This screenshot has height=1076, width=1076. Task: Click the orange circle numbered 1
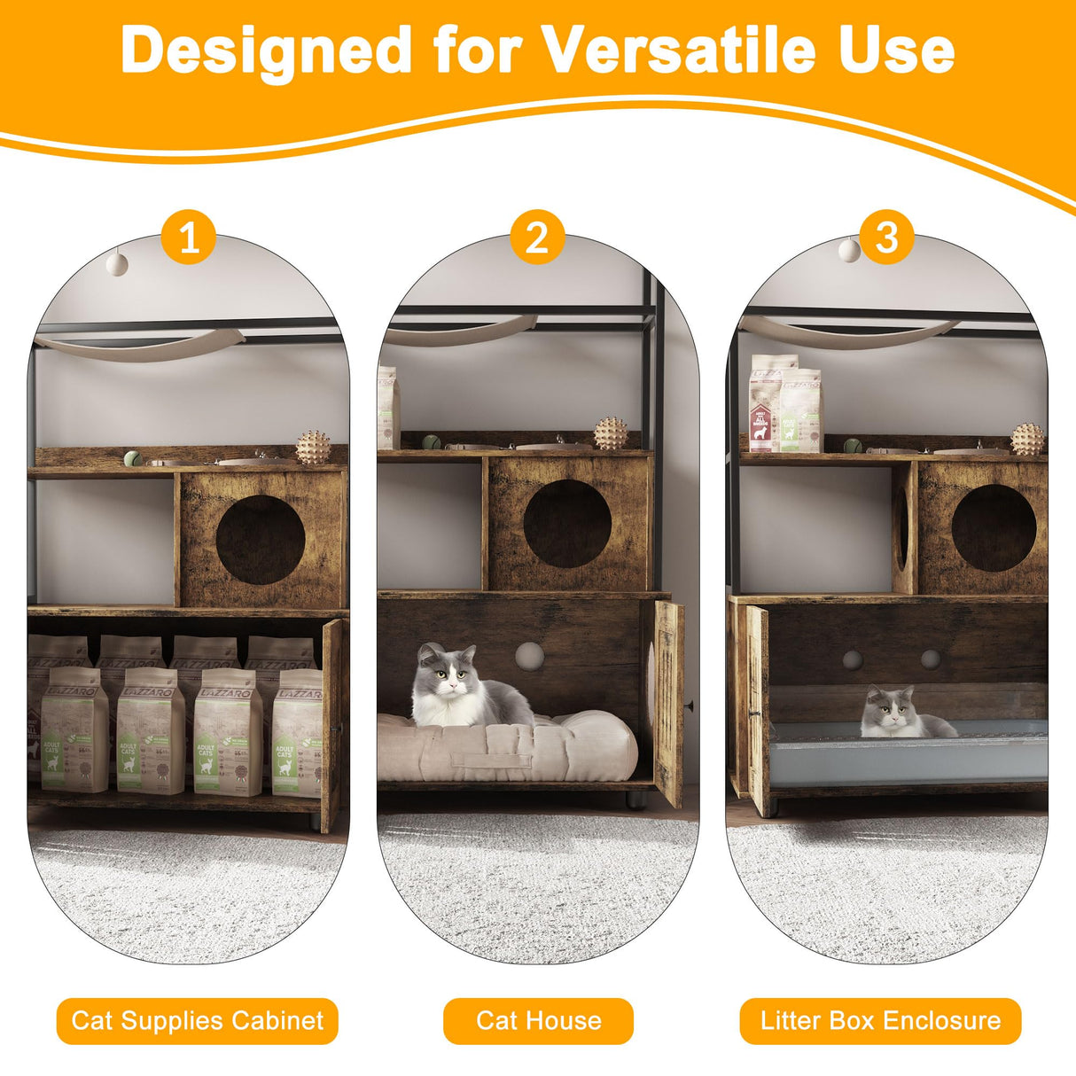pyautogui.click(x=189, y=238)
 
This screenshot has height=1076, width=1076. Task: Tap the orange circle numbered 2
pyautogui.click(x=537, y=238)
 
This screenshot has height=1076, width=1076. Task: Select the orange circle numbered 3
pyautogui.click(x=886, y=238)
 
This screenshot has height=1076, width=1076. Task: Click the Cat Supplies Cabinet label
pyautogui.click(x=198, y=1021)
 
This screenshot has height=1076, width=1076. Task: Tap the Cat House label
pyautogui.click(x=538, y=1021)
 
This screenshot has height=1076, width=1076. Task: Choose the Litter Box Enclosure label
pyautogui.click(x=880, y=1021)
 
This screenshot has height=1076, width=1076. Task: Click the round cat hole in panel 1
pyautogui.click(x=261, y=540)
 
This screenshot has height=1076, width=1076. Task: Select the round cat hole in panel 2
pyautogui.click(x=566, y=524)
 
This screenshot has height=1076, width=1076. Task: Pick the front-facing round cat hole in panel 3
pyautogui.click(x=994, y=528)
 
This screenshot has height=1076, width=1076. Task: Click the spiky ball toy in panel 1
pyautogui.click(x=313, y=447)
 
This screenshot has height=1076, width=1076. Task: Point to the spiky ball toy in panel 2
pyautogui.click(x=610, y=433)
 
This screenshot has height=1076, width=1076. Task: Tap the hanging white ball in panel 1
pyautogui.click(x=116, y=262)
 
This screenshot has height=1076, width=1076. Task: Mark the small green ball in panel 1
pyautogui.click(x=131, y=458)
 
